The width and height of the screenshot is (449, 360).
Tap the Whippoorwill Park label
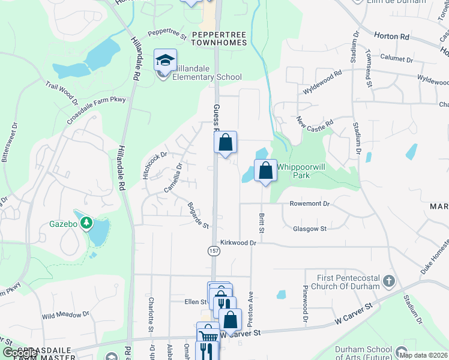[x=293, y=171]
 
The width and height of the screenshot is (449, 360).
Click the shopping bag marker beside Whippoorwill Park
[x=265, y=171]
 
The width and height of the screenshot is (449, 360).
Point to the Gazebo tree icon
[x=87, y=224]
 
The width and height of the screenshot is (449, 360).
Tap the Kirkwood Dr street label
[x=238, y=243]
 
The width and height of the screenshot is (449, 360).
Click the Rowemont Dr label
[x=310, y=204]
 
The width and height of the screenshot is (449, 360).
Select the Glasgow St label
[x=309, y=229]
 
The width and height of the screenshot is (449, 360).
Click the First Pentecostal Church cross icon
[x=389, y=281]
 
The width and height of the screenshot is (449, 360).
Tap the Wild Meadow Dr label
[x=65, y=314]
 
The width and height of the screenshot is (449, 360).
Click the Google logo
[x=19, y=353]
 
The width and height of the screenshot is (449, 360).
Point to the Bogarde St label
[x=197, y=215]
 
